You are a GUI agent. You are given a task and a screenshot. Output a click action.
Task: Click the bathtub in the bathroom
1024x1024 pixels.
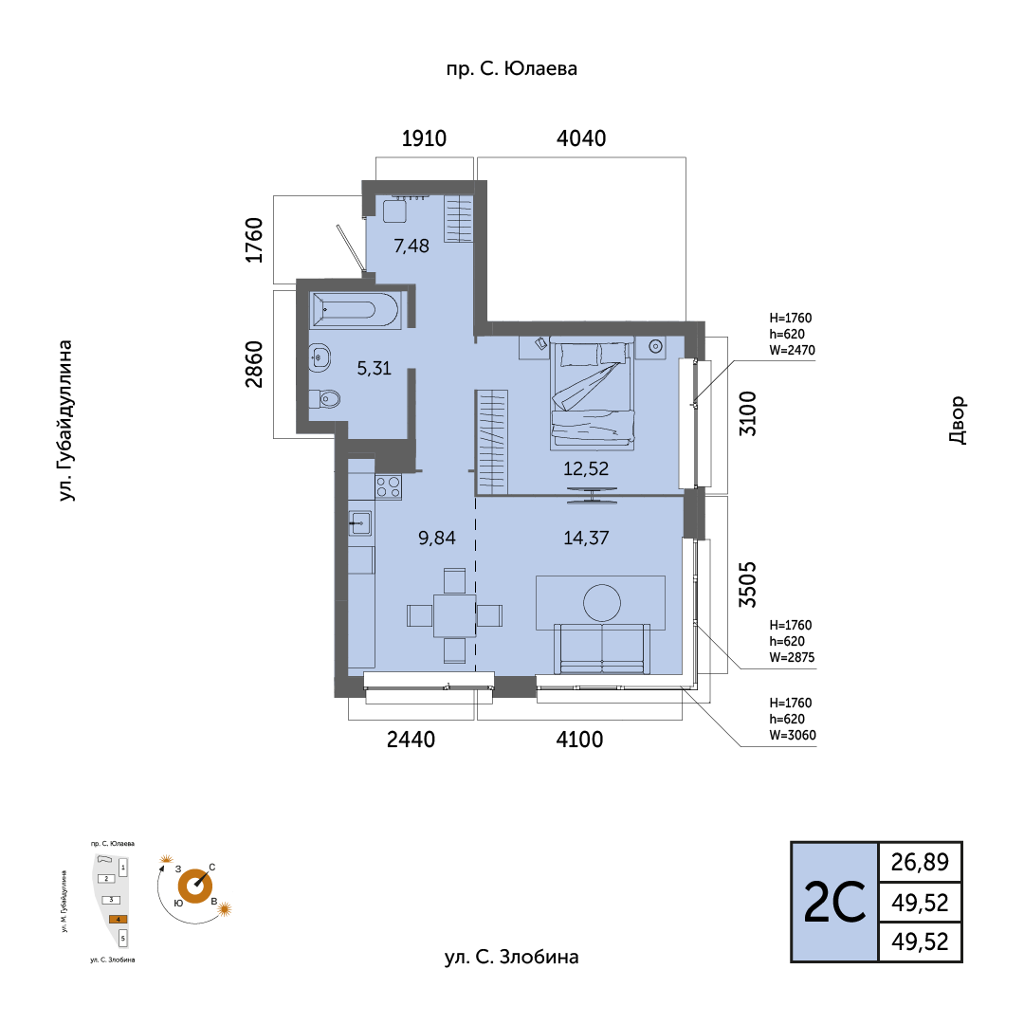click(356, 309)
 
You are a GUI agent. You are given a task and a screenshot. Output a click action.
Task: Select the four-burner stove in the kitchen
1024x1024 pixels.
click(388, 486)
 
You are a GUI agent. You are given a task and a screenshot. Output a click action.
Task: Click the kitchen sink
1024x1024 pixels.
click(360, 522)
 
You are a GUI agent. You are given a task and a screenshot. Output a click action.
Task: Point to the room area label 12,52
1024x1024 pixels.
click(586, 468)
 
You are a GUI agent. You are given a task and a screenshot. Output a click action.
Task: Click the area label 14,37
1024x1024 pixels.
click(586, 538)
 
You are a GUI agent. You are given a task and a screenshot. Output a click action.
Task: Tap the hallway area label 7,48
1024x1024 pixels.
click(411, 246)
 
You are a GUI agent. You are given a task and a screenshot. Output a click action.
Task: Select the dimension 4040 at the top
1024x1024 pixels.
click(580, 137)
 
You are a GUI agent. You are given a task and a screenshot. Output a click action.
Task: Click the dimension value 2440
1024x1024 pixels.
click(411, 740)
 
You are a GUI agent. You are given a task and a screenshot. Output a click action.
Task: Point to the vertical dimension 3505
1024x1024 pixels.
click(747, 584)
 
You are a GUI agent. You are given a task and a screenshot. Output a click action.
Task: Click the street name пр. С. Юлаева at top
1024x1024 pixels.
click(511, 68)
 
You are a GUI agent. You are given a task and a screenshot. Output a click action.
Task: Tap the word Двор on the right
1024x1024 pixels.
click(957, 420)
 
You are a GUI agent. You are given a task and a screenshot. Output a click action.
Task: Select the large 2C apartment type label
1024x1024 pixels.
click(834, 902)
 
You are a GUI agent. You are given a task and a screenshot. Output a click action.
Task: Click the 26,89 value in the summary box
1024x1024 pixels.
click(920, 862)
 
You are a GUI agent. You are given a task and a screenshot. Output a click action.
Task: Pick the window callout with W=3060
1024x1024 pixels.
click(792, 719)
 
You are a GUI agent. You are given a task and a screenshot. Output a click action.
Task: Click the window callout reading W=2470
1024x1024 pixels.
click(792, 334)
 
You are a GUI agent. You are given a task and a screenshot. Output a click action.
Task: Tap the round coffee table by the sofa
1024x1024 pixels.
click(602, 602)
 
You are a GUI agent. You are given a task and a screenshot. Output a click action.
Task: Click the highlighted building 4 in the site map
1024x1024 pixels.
click(118, 919)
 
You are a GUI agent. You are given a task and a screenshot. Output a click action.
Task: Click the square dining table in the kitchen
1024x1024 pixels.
click(454, 615)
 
